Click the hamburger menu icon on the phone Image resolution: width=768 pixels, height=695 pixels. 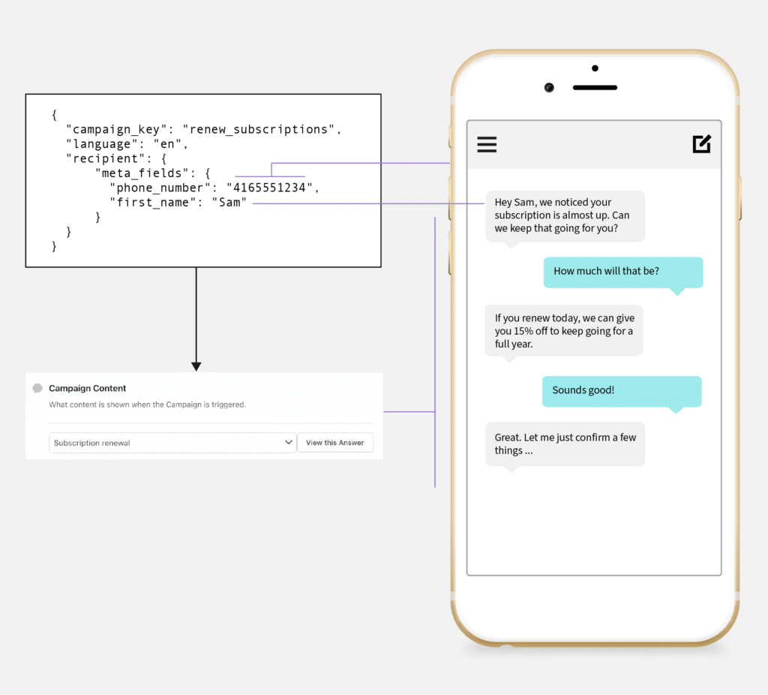(487, 145)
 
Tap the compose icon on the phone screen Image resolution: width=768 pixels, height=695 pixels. (701, 143)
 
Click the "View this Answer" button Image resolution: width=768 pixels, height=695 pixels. (335, 443)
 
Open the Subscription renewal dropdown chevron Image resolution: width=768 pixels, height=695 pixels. (289, 442)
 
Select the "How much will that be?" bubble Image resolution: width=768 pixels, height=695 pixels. (623, 273)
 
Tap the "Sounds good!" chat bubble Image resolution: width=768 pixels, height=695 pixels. (622, 393)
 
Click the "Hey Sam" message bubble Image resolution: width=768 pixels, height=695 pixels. (565, 218)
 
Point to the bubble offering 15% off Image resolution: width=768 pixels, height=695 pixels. (564, 332)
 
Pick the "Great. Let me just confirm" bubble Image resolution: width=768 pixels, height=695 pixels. (565, 446)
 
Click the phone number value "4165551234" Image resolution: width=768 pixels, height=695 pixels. (269, 188)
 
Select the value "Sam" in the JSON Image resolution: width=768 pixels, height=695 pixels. (229, 203)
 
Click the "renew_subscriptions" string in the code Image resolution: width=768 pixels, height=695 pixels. (259, 129)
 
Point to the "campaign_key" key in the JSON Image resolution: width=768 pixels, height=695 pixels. (116, 129)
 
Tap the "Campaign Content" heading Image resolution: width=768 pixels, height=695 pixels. (87, 388)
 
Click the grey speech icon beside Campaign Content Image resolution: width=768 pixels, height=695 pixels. (37, 388)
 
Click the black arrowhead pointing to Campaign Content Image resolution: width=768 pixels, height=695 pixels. (196, 366)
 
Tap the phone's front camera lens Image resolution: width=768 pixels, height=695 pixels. (549, 87)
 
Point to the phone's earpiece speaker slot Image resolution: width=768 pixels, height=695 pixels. (595, 88)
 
